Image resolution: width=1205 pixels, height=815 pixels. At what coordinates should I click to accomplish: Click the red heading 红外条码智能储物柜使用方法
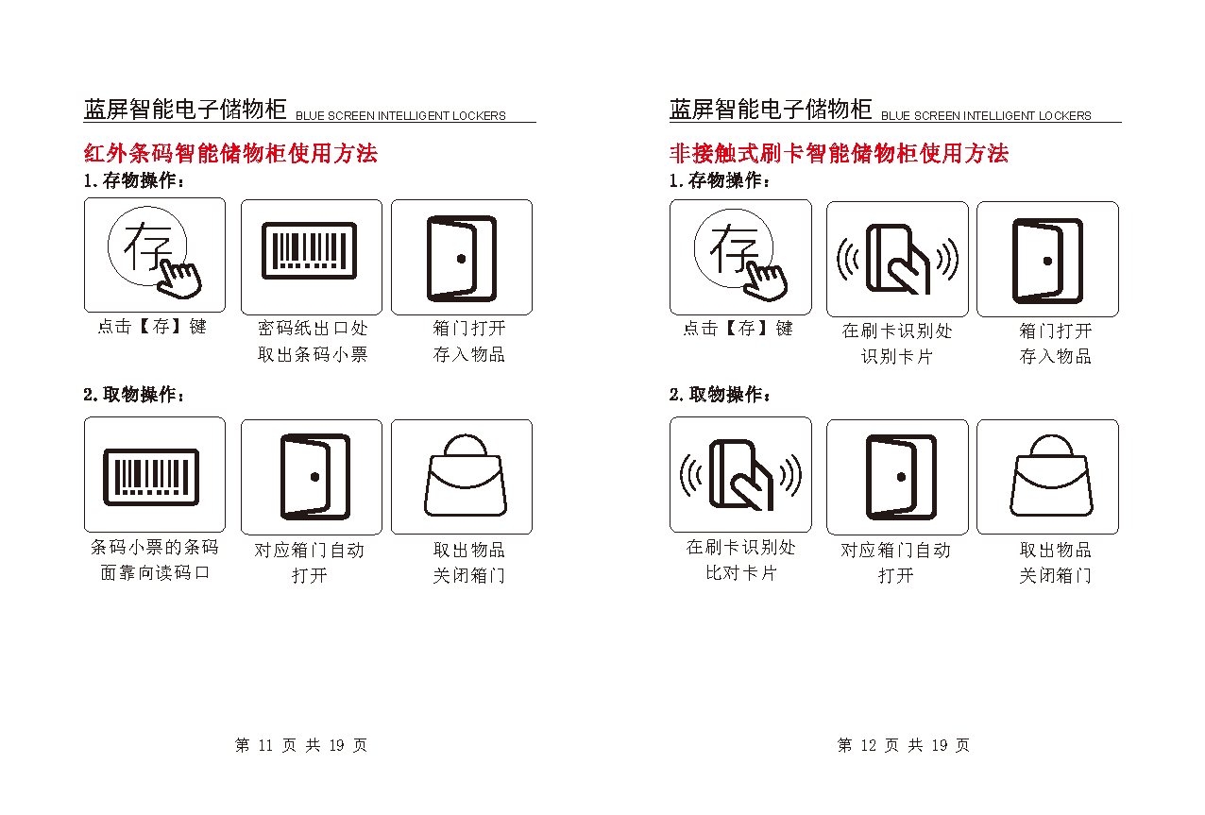click(230, 153)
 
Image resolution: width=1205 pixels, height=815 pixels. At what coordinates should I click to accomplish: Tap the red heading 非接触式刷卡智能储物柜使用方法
click(839, 153)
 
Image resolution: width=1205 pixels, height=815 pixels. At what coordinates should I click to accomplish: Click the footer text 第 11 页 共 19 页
click(301, 745)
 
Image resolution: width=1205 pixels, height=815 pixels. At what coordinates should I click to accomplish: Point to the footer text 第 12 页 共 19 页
click(904, 745)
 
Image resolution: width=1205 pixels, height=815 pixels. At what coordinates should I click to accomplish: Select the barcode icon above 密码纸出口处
click(310, 250)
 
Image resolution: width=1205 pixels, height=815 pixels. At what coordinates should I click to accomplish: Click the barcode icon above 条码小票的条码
click(151, 477)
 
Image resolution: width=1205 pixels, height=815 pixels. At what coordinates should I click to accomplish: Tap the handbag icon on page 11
click(466, 475)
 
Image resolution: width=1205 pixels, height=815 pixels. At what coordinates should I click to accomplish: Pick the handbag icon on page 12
click(1051, 475)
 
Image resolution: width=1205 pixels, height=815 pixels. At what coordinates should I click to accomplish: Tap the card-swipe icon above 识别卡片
click(897, 259)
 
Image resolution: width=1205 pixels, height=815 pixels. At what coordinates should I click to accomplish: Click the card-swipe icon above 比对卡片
click(740, 474)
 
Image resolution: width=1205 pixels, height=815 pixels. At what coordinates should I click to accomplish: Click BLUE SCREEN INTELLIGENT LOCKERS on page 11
click(400, 115)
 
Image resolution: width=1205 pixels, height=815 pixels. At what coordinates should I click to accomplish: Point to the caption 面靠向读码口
click(155, 573)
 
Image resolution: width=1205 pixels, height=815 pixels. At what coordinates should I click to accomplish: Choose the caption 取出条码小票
click(313, 354)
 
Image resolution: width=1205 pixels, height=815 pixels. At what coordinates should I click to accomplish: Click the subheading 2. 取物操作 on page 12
click(720, 395)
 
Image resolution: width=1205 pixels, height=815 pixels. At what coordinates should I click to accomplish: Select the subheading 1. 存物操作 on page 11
click(134, 180)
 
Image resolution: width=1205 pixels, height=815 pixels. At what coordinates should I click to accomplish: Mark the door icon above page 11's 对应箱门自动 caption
click(315, 477)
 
